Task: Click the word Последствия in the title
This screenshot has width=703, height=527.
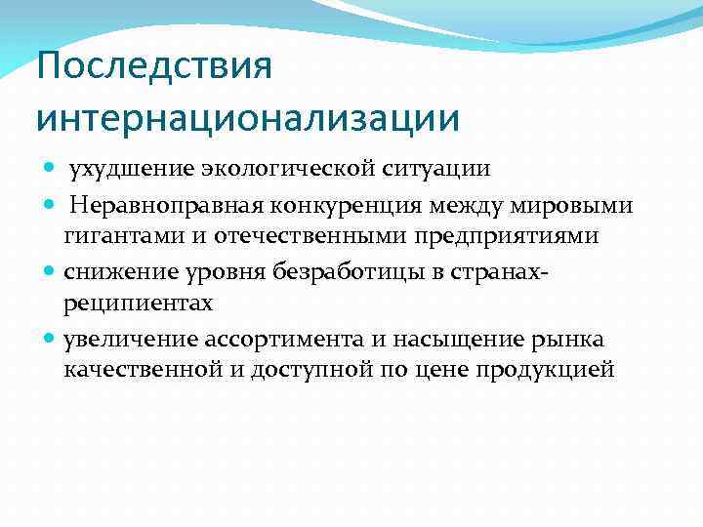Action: pos(154,68)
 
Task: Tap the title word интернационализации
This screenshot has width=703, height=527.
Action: pos(247,118)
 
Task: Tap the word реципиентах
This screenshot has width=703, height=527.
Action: pos(137,304)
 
